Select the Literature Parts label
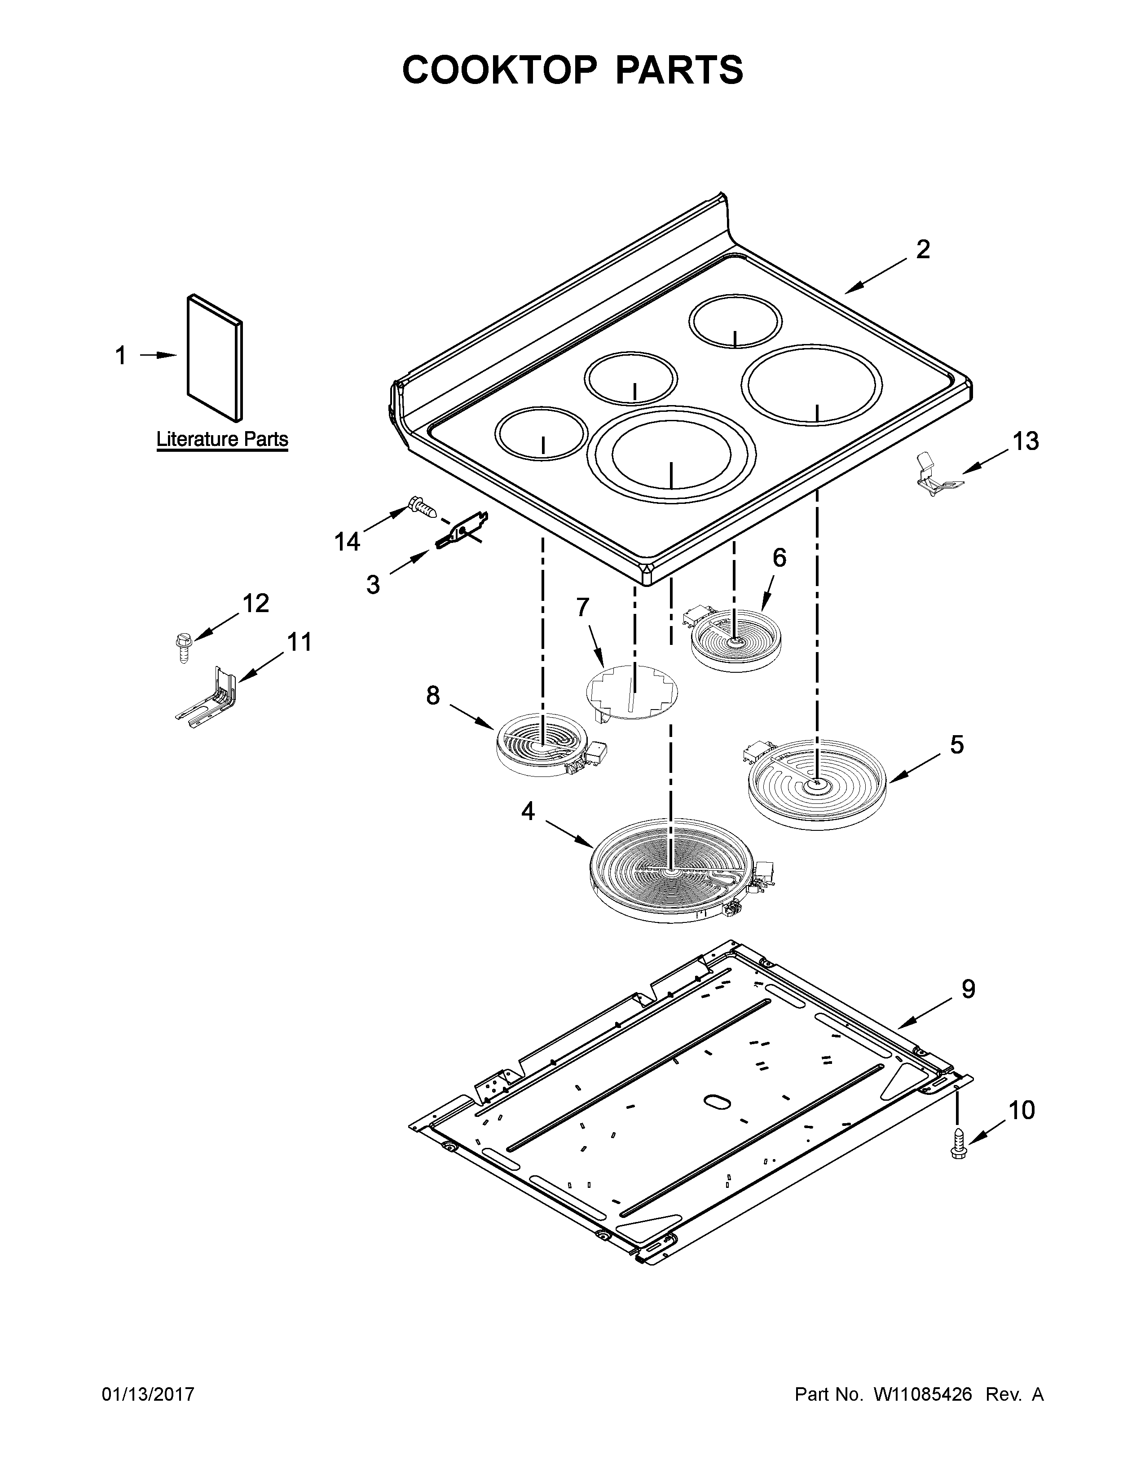222,439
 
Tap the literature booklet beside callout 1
214,357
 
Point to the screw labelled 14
422,506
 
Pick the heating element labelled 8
543,744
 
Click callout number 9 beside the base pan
968,989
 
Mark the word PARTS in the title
679,70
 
